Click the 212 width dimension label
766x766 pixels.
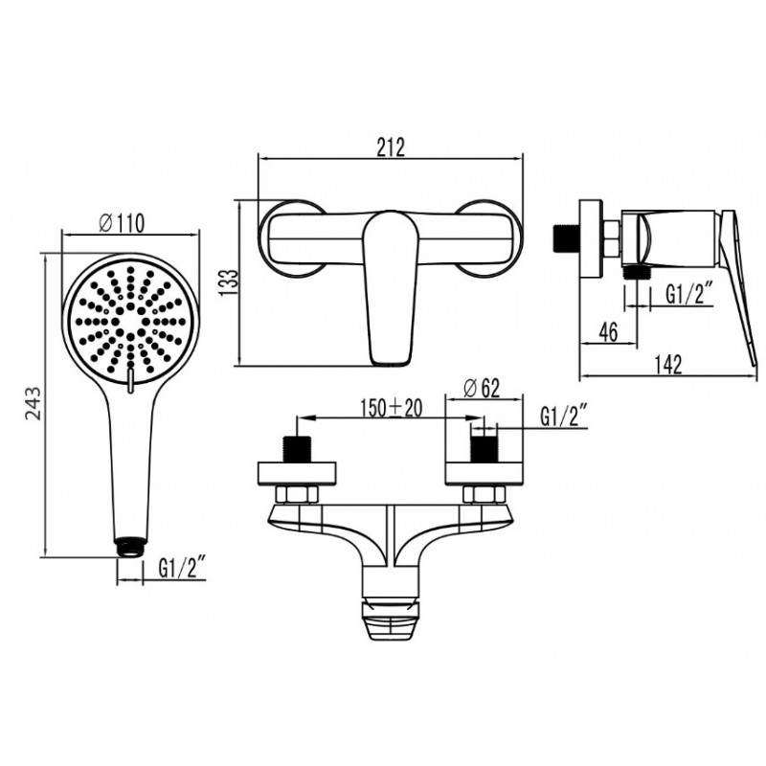[x=391, y=147]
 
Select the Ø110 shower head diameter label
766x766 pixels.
[x=123, y=224]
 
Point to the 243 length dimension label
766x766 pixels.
[x=33, y=403]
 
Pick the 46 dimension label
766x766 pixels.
[x=608, y=332]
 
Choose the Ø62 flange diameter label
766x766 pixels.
[x=482, y=389]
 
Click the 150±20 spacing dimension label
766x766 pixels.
[x=392, y=409]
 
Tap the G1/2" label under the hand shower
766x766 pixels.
[x=180, y=568]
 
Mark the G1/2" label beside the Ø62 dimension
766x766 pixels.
[x=563, y=417]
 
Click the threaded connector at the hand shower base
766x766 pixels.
[x=129, y=547]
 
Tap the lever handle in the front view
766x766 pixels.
[x=390, y=288]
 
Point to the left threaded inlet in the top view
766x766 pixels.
[x=297, y=448]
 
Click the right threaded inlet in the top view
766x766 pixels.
[x=484, y=448]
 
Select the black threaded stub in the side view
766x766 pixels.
[x=565, y=238]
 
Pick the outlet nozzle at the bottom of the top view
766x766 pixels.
[x=391, y=619]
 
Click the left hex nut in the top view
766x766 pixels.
[x=297, y=495]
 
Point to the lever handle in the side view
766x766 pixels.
[x=738, y=288]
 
